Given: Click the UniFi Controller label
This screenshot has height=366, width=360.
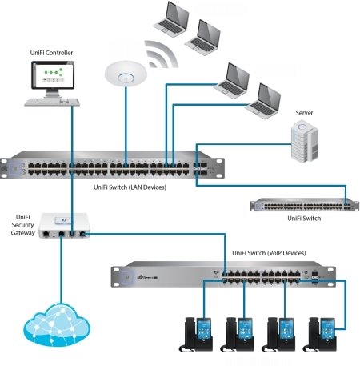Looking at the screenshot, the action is pos(51,53).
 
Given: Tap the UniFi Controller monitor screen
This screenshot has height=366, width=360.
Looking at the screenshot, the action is pos(53,74).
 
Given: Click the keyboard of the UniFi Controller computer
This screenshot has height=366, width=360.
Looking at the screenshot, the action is pos(52,102).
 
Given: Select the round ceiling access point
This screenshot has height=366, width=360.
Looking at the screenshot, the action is pos(126,74).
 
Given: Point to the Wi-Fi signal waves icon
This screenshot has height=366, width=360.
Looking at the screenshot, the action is pos(161,54).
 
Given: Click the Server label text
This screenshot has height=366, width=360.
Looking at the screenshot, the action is pos(304,113).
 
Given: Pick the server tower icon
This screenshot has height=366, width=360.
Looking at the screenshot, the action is pos(304,141).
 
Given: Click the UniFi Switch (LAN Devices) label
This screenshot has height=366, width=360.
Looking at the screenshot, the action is pos(130,187).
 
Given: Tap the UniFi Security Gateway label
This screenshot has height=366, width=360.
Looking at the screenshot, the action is pos(23,225).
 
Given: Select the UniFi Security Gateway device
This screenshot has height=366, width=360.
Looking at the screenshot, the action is pos(64,226).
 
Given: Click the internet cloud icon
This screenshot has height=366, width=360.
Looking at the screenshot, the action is pos(57,324).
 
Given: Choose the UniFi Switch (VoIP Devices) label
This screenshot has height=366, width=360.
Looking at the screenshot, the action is pos(269,253).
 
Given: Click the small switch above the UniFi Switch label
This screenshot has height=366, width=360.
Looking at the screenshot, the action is pos(304,205).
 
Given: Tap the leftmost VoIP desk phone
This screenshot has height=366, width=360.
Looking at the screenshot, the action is pos(196,334).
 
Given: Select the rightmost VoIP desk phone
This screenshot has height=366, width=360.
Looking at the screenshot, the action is pos(319,334).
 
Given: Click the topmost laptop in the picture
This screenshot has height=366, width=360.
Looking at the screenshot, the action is pos(171,18).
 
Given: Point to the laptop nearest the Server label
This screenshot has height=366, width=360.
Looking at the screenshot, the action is pos(263,101).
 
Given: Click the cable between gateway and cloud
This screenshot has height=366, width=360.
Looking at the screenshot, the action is pos(61,270).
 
